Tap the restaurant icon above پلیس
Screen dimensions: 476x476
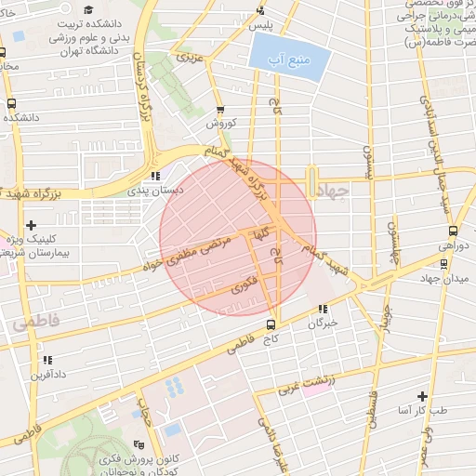tap(260, 11)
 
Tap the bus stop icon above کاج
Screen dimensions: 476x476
tap(271, 324)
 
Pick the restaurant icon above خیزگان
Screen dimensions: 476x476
tap(322, 310)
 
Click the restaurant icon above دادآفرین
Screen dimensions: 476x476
tap(46, 360)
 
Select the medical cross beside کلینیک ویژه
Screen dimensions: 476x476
tap(33, 225)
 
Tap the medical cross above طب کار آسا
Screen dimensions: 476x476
tap(423, 395)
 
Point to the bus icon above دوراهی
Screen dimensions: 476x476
tap(453, 231)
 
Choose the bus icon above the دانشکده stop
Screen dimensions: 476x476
tap(11, 103)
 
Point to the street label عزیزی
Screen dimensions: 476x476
tap(191, 58)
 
